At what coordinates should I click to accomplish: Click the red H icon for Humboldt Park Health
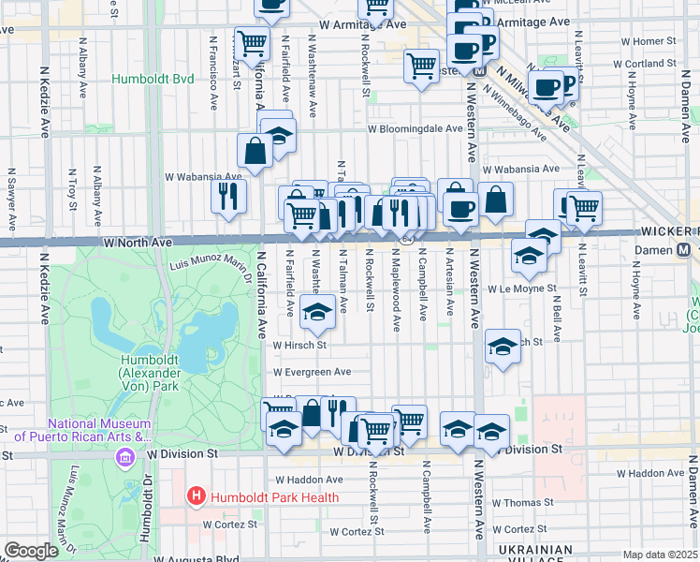point(197,495)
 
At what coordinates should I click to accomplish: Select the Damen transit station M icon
point(684,250)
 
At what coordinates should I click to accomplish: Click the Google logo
point(31,551)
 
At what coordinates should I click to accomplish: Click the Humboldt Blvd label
point(153,79)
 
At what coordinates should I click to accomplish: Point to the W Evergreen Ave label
point(312,372)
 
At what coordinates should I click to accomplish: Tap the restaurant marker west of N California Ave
point(228,196)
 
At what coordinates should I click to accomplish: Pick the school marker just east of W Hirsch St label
point(503,348)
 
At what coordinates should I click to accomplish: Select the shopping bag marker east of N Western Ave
point(495,199)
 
